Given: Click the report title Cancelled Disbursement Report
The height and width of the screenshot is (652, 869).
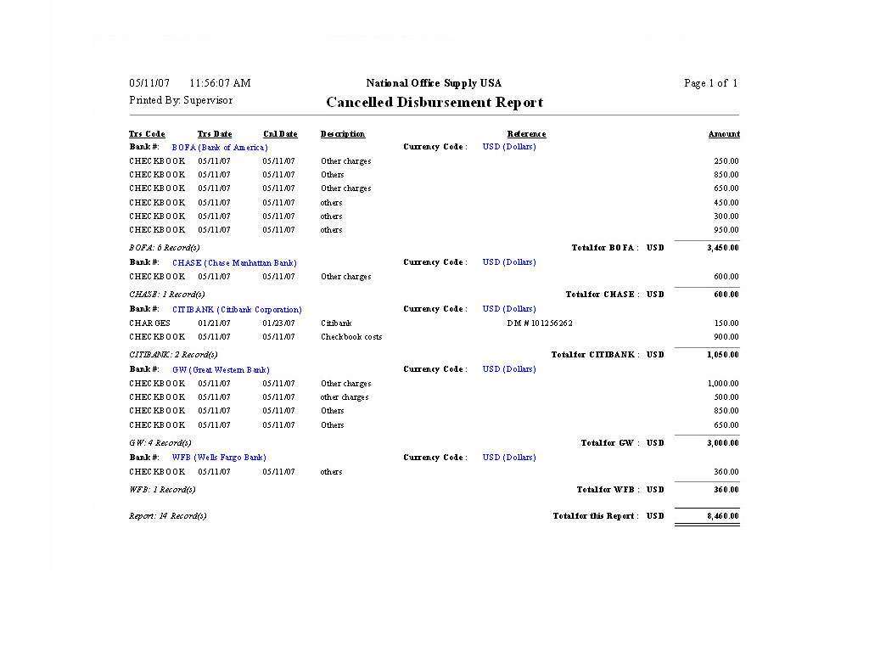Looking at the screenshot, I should coord(434,103).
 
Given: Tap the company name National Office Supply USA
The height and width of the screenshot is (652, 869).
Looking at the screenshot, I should coord(434,83).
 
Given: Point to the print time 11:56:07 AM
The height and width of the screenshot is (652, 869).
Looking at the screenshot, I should coord(220,83).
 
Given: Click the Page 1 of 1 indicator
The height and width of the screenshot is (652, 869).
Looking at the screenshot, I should coord(710,83).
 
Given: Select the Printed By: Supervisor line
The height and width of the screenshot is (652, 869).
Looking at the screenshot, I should coord(181,100).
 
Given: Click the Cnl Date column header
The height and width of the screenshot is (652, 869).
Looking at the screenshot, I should coord(280,134).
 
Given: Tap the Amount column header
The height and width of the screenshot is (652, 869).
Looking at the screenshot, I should coord(724,134).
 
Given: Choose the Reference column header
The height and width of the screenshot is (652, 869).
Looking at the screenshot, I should coord(526,134).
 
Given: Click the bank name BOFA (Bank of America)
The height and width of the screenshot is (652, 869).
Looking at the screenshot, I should coord(220,148).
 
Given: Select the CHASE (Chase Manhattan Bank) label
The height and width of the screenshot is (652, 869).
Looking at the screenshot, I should coord(234,263).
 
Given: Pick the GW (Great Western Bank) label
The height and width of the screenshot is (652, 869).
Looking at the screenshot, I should coord(221,370).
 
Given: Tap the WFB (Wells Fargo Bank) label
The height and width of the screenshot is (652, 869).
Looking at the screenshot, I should coord(219,458).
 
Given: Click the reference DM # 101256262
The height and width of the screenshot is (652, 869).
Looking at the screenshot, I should coord(540,323).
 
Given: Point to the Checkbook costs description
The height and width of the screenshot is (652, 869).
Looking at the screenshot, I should coord(351,337).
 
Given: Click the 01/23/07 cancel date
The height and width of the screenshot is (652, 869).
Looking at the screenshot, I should coord(279,323).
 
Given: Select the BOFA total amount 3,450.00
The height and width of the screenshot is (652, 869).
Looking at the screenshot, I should coord(722,248).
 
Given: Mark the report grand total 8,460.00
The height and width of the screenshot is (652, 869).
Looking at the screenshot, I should coord(722,516).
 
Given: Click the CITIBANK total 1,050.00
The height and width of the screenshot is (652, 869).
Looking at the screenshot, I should coord(722,355).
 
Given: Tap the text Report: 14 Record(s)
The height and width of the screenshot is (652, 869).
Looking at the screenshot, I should coord(168,516).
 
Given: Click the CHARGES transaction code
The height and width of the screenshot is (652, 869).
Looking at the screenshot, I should coord(149,323).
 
